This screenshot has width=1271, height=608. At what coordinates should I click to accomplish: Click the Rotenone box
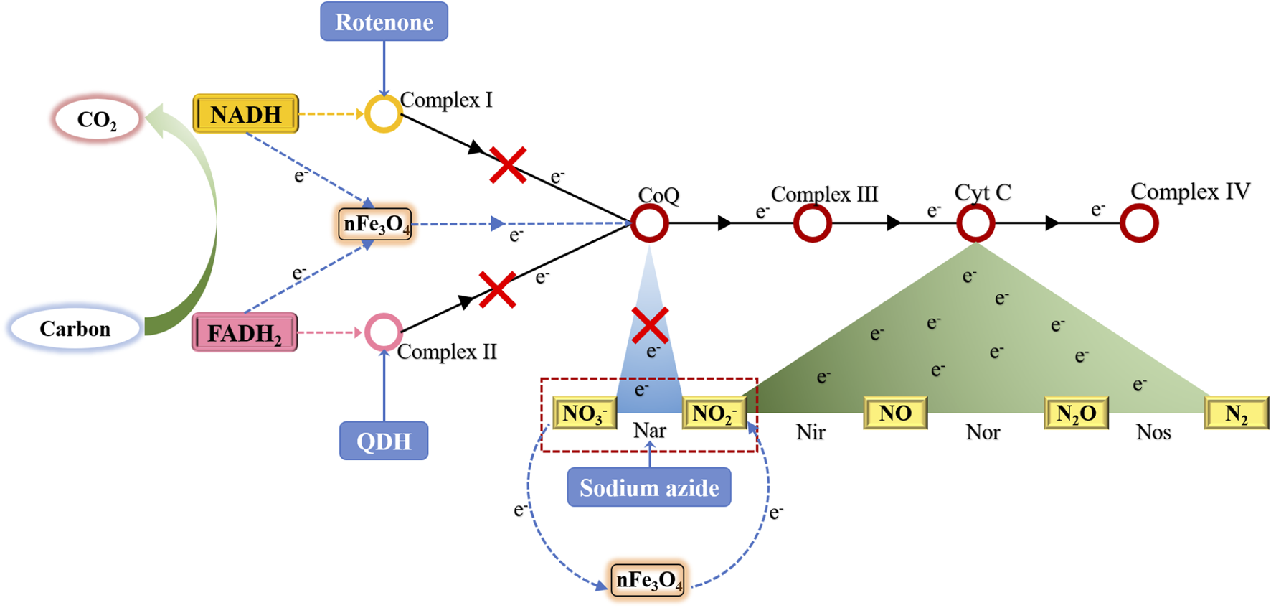point(384,22)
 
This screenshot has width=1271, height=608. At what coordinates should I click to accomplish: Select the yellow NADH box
point(246,114)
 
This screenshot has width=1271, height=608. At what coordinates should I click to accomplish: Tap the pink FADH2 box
point(245,333)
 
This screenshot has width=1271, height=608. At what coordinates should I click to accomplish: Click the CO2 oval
point(97,119)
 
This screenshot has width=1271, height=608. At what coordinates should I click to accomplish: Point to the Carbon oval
point(75,329)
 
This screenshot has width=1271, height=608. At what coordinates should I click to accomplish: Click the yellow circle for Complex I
point(384,114)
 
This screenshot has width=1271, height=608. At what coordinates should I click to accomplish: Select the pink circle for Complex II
point(384,332)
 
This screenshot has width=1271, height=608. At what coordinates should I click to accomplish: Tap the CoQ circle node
point(650,223)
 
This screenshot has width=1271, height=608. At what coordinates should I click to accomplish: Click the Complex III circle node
point(813,223)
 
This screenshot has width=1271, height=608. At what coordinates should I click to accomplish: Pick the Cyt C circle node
point(975,223)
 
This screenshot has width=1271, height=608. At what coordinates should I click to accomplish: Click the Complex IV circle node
point(1139,223)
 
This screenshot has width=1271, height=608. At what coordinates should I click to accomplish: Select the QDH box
point(384,441)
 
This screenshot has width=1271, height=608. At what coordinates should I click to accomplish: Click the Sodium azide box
point(649,487)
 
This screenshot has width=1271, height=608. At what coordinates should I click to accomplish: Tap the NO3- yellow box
point(585,413)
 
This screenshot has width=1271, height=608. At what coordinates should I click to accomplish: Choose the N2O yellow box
point(1076,413)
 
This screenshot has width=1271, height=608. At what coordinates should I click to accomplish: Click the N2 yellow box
point(1237,413)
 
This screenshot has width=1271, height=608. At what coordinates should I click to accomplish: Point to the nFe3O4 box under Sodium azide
point(648,580)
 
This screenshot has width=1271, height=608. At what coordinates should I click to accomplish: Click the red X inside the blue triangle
point(650,325)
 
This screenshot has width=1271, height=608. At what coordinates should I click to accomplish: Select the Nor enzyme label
point(983,432)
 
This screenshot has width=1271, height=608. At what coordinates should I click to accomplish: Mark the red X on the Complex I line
point(508,165)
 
